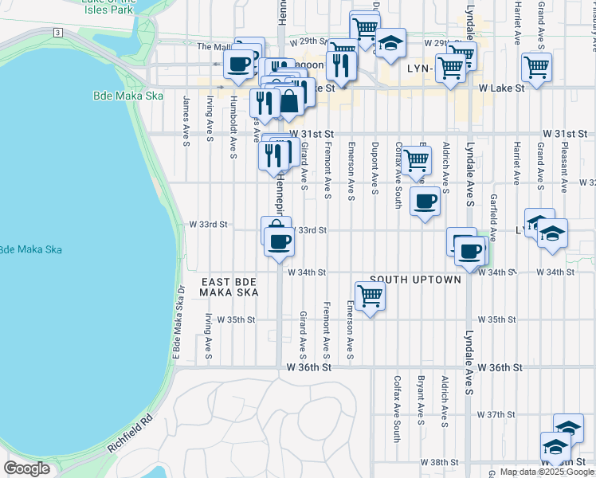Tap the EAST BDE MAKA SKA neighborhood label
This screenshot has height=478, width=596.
[229, 288]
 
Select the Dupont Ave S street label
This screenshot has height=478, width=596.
[374, 167]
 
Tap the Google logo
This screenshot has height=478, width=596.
[26, 468]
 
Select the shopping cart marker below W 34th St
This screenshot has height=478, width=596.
[370, 296]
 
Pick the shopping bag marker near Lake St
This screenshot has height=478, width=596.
[288, 101]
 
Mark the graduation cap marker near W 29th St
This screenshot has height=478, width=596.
[390, 43]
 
